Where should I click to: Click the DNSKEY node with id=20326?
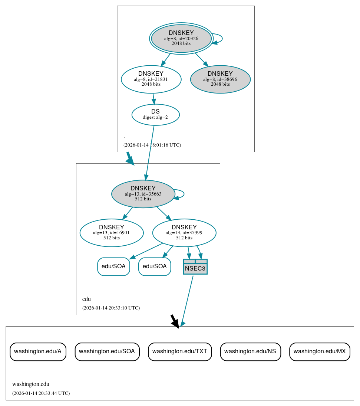click(x=181, y=38)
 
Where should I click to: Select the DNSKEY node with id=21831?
click(x=151, y=79)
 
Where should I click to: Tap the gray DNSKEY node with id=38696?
click(x=220, y=79)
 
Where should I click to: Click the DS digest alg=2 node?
click(x=155, y=114)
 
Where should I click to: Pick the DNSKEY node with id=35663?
click(x=143, y=194)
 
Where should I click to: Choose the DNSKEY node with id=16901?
click(x=111, y=233)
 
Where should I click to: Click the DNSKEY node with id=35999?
click(x=184, y=233)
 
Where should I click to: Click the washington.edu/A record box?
click(x=38, y=351)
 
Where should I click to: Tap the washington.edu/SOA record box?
click(x=107, y=351)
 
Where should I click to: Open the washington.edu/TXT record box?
click(x=180, y=351)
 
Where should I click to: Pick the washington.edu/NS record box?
click(x=250, y=351)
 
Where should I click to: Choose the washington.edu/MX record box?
click(x=320, y=351)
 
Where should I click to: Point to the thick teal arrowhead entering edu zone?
click(x=130, y=160)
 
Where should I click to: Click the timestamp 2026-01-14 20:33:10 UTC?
click(x=111, y=308)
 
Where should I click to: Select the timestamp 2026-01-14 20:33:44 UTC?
click(x=41, y=393)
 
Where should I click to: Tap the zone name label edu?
click(x=86, y=299)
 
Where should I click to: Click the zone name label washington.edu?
click(x=31, y=384)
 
